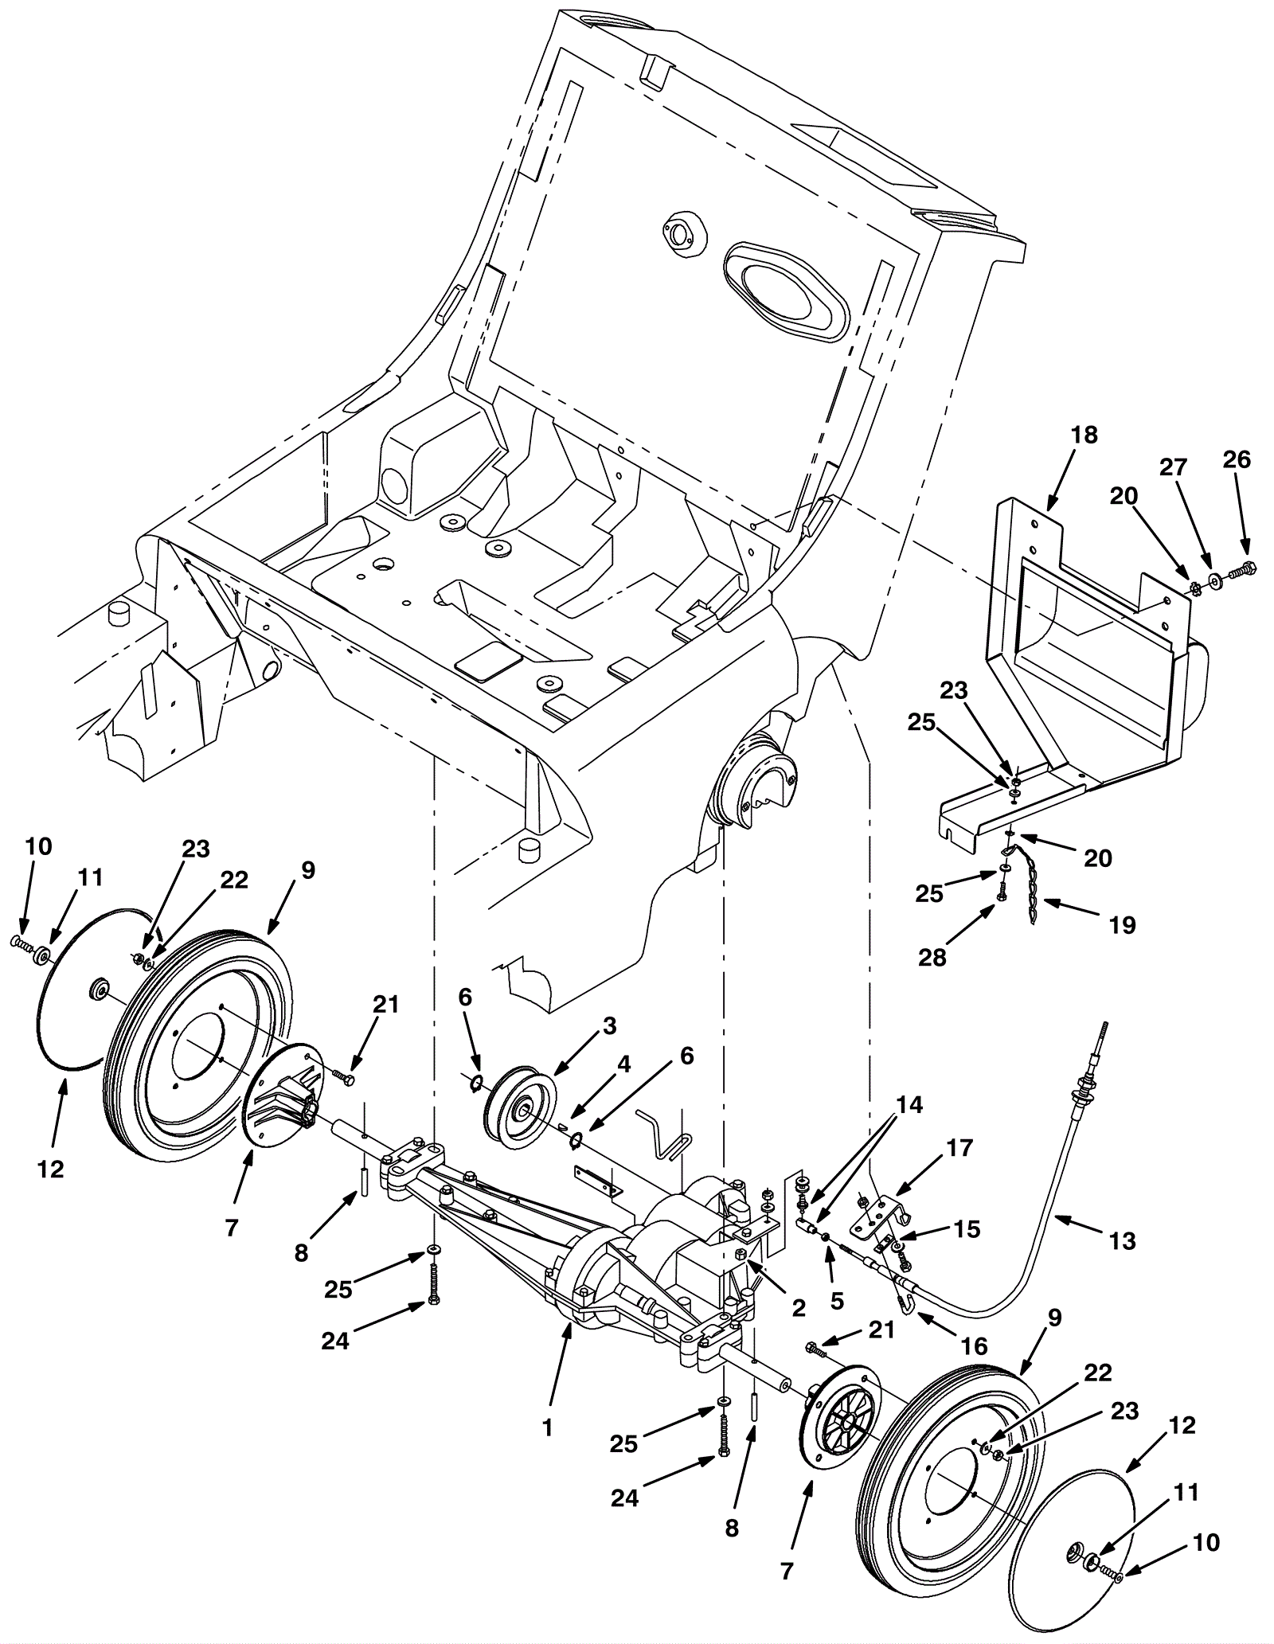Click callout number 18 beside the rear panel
(x=1084, y=435)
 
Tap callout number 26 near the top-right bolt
(x=1237, y=459)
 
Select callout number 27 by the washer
(x=1173, y=467)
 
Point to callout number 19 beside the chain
(x=1123, y=925)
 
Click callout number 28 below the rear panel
(x=932, y=957)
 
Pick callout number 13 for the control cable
(x=1123, y=1240)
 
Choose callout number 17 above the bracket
(x=960, y=1148)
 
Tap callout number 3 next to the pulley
(x=609, y=1026)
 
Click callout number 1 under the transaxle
(x=547, y=1428)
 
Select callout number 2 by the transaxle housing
(x=799, y=1307)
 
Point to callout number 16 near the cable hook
(x=974, y=1346)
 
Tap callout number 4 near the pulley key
(x=623, y=1064)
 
